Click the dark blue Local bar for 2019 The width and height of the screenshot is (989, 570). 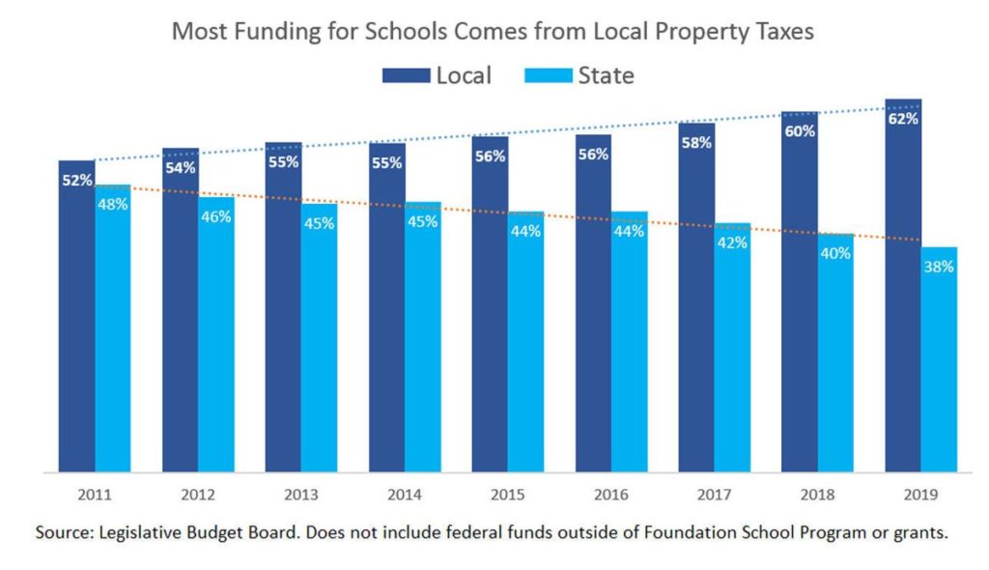[903, 290]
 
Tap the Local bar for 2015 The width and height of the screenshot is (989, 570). [490, 309]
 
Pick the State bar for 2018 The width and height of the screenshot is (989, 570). [835, 357]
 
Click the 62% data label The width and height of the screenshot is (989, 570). [903, 119]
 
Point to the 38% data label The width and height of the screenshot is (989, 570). [938, 267]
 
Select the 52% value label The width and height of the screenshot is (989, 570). [77, 180]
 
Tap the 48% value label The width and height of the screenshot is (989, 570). [113, 204]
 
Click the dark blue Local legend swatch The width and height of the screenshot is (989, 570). [405, 75]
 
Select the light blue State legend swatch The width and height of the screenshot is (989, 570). [546, 75]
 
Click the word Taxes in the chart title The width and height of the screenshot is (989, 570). [780, 31]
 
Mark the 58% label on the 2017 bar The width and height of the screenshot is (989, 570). [696, 143]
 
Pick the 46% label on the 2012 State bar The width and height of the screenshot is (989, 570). [215, 216]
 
